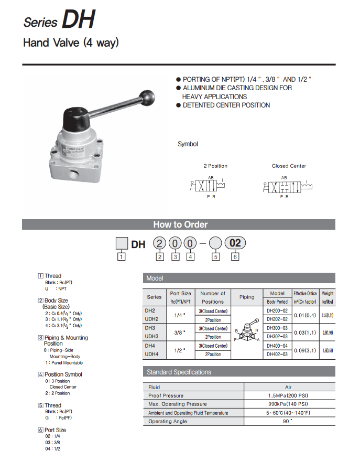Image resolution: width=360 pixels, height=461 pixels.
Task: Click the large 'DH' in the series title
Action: [79, 20]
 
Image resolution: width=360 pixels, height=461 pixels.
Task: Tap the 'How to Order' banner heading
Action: [180, 224]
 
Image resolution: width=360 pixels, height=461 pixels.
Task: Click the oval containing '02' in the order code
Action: [235, 243]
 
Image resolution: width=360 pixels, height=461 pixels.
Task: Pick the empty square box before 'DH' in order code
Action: [122, 244]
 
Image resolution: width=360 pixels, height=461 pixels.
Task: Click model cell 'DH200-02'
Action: [277, 310]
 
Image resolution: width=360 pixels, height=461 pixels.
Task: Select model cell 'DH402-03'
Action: [277, 355]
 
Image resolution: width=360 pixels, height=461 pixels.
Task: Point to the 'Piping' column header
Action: [246, 297]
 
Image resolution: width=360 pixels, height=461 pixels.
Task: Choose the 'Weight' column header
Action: [328, 294]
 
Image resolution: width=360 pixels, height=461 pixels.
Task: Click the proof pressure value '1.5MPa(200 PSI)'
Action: [288, 395]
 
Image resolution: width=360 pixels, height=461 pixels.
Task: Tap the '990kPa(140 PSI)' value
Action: [288, 404]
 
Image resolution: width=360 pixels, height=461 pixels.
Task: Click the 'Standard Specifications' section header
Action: [179, 372]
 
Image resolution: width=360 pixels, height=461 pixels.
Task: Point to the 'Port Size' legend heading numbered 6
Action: [55, 430]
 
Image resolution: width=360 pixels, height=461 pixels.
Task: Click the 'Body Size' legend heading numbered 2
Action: [56, 301]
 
